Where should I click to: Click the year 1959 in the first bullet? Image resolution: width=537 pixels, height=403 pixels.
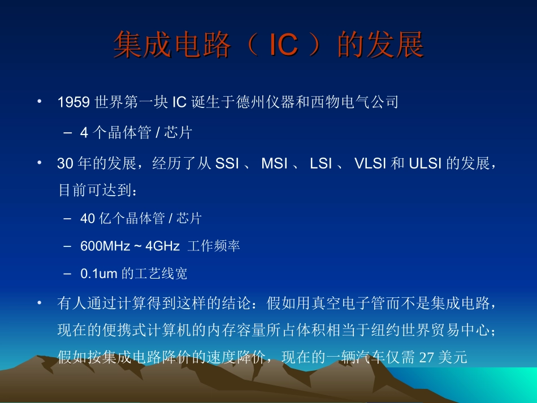click(x=73, y=102)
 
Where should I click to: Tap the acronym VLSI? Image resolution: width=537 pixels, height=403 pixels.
click(x=371, y=164)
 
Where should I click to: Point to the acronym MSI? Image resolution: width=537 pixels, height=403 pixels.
click(x=275, y=164)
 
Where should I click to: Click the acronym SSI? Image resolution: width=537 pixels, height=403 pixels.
click(x=228, y=164)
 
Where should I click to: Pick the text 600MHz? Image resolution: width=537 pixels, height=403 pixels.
click(x=105, y=246)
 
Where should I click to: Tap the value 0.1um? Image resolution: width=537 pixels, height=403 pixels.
click(x=99, y=274)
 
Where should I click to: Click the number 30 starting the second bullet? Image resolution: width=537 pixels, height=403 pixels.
click(x=64, y=164)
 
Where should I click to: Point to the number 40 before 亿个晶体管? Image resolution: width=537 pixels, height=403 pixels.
click(x=88, y=219)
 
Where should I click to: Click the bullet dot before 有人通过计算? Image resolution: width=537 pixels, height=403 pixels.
click(x=39, y=304)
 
